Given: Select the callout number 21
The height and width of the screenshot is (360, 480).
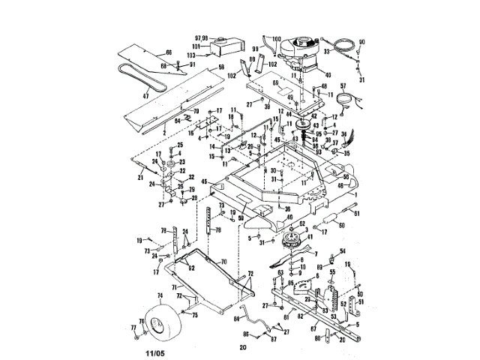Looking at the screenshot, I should tap(140, 177).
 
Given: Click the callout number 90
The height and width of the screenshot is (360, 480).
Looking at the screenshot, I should tap(361, 40).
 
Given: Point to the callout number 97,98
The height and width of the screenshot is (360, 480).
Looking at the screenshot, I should tap(202, 37).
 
